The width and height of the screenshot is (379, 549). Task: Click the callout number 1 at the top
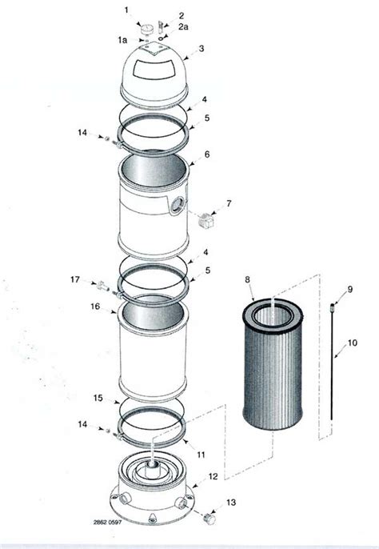coord(126,9)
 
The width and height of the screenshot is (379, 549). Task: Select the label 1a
coord(122,39)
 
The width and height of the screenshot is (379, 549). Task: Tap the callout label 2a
coord(183,26)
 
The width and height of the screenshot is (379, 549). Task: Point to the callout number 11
coord(201,455)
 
